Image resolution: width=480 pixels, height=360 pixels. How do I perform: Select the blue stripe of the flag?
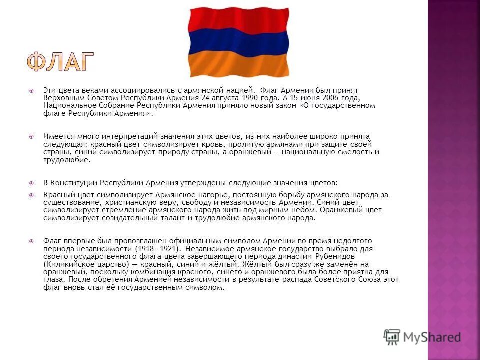click(238, 42)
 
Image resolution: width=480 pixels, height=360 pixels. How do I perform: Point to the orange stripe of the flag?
click(238, 64)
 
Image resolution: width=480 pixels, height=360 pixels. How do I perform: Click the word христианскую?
click(133, 203)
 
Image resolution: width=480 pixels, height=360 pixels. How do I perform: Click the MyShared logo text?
click(431, 337)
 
